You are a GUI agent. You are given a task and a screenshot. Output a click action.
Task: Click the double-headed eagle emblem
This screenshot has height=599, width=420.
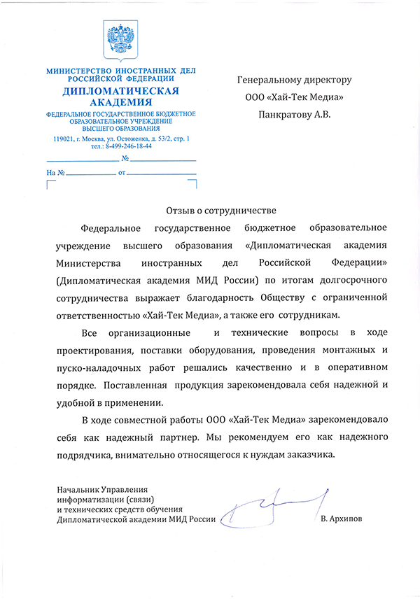(120, 40)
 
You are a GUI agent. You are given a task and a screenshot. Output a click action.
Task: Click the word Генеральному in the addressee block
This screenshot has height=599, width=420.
(272, 80)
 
